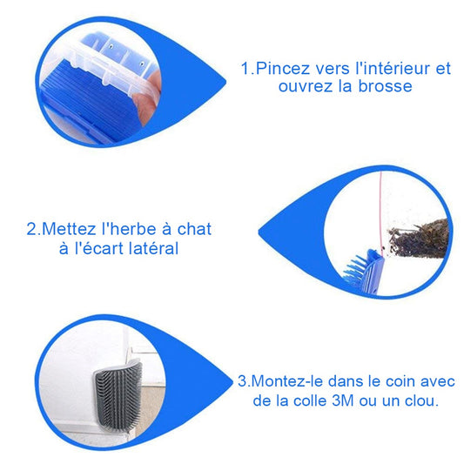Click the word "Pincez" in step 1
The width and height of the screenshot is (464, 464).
[277, 68]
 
